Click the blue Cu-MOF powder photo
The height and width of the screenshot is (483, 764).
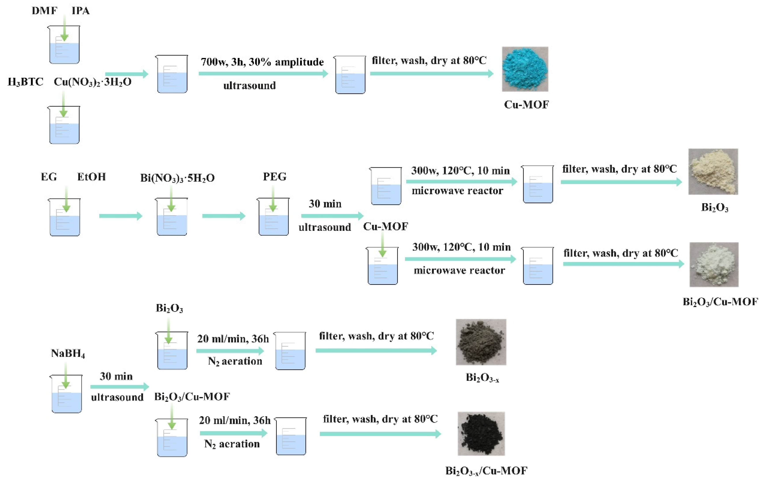[525, 69]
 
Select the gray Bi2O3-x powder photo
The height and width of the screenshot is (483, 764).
[481, 342]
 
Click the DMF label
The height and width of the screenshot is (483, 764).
[44, 11]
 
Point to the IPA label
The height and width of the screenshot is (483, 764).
[80, 11]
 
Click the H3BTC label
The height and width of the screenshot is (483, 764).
[25, 82]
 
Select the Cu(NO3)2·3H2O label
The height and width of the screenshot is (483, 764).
[92, 82]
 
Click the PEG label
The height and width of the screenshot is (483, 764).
[275, 177]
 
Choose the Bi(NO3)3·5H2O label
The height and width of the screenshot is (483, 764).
[177, 178]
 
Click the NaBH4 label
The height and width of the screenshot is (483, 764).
[68, 353]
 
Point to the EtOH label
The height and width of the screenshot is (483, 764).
[91, 177]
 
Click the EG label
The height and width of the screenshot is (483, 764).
[49, 177]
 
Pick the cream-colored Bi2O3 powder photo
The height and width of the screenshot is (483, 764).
[713, 172]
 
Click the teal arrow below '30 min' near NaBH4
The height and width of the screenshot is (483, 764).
[119, 387]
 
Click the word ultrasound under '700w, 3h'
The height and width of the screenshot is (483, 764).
[249, 86]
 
